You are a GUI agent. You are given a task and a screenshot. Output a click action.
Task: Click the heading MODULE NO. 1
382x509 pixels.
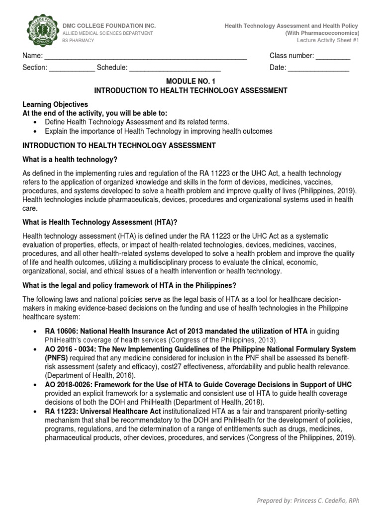[x=191, y=81]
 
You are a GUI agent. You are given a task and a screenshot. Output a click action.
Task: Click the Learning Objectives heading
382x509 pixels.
[x=55, y=104]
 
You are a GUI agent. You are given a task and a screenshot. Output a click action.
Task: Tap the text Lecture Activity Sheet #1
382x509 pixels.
[x=328, y=40]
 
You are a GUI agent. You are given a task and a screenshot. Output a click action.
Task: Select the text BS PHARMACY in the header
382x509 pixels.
[x=78, y=40]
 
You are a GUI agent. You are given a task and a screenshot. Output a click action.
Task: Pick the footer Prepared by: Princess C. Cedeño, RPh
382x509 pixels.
[x=307, y=501]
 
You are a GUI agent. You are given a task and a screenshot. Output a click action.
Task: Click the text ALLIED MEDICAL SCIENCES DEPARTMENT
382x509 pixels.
[x=107, y=33]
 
